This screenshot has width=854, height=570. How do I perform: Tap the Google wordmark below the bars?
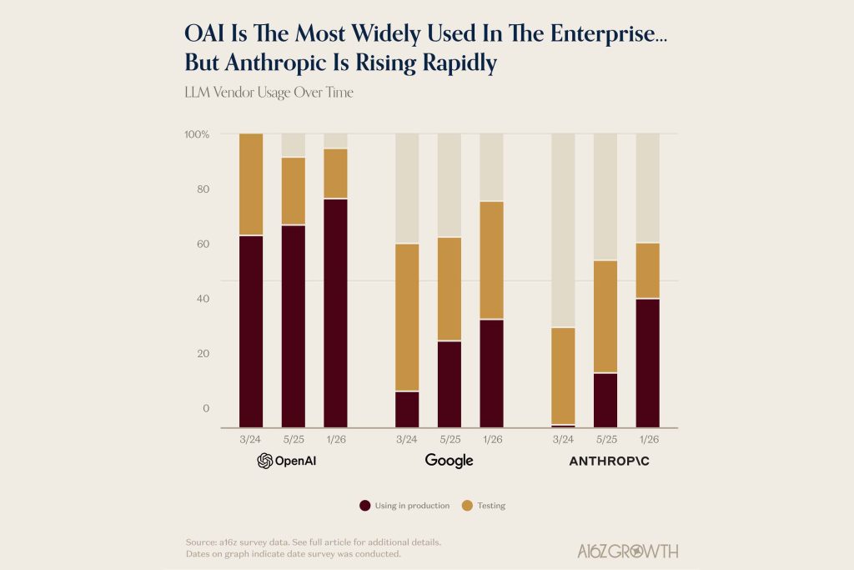(x=449, y=461)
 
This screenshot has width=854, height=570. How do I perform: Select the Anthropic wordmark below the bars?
(x=609, y=461)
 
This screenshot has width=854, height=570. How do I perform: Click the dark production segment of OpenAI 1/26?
(x=336, y=313)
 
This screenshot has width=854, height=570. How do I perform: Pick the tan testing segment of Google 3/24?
(x=407, y=317)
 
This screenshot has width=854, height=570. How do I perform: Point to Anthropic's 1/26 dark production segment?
(x=648, y=363)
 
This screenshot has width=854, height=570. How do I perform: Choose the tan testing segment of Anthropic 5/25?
(x=605, y=316)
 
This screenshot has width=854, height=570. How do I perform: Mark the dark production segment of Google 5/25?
(x=450, y=384)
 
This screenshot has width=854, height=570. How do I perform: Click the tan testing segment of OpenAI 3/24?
(x=251, y=184)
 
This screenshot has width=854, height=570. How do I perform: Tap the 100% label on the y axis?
(x=197, y=134)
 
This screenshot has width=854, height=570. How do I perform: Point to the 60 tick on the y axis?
(x=203, y=244)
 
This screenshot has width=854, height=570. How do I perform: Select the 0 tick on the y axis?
(x=205, y=408)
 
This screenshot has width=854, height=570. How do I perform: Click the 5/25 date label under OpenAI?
(x=294, y=439)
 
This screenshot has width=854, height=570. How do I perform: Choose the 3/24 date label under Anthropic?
(x=563, y=439)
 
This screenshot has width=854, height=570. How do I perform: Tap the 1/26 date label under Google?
(x=492, y=439)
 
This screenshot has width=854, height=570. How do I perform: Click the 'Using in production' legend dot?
(x=364, y=506)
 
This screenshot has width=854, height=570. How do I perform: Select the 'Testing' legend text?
(x=491, y=506)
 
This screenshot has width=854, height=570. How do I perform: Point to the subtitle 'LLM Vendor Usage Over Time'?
(x=269, y=93)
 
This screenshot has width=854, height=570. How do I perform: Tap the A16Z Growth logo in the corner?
(x=628, y=551)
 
